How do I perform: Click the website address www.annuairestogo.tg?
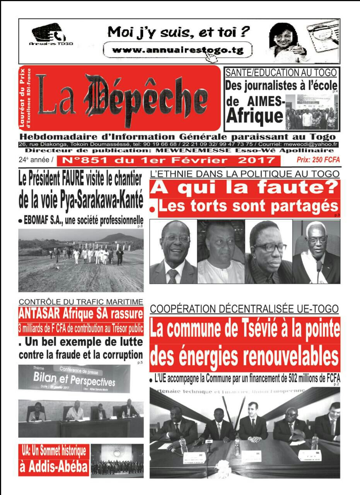177,50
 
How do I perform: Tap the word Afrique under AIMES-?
254,116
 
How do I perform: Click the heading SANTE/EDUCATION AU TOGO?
281,72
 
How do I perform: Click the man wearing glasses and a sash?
317,251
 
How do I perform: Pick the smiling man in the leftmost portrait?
173,251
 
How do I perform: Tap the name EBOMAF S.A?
42,221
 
